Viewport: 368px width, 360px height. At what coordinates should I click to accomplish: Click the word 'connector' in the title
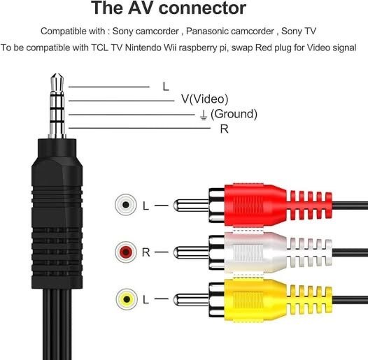coord(202,9)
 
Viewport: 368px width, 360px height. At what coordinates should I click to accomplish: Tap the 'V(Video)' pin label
coord(204,99)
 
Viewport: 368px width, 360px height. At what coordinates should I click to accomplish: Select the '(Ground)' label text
coord(234,114)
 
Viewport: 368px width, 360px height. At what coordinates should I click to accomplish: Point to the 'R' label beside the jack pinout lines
coord(223,129)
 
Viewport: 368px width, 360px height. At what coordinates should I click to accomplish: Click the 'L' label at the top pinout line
coord(166,87)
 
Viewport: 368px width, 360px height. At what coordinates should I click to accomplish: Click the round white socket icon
coord(125,205)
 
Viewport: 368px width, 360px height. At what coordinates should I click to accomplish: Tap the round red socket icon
coord(125,252)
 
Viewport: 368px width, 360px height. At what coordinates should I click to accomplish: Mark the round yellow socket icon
coord(125,299)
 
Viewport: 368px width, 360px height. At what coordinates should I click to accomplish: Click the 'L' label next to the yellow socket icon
coord(146,300)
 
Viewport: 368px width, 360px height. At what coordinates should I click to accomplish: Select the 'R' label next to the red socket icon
coord(146,252)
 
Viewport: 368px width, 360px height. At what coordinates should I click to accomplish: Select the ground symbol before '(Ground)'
coord(202,114)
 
